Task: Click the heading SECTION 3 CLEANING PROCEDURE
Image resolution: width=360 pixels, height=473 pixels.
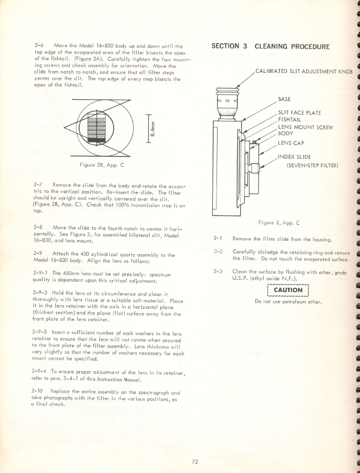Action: pos(270,47)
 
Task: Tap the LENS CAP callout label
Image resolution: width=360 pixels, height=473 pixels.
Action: pos(291,143)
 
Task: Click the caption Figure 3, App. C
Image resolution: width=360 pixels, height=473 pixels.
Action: pos(279,222)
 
